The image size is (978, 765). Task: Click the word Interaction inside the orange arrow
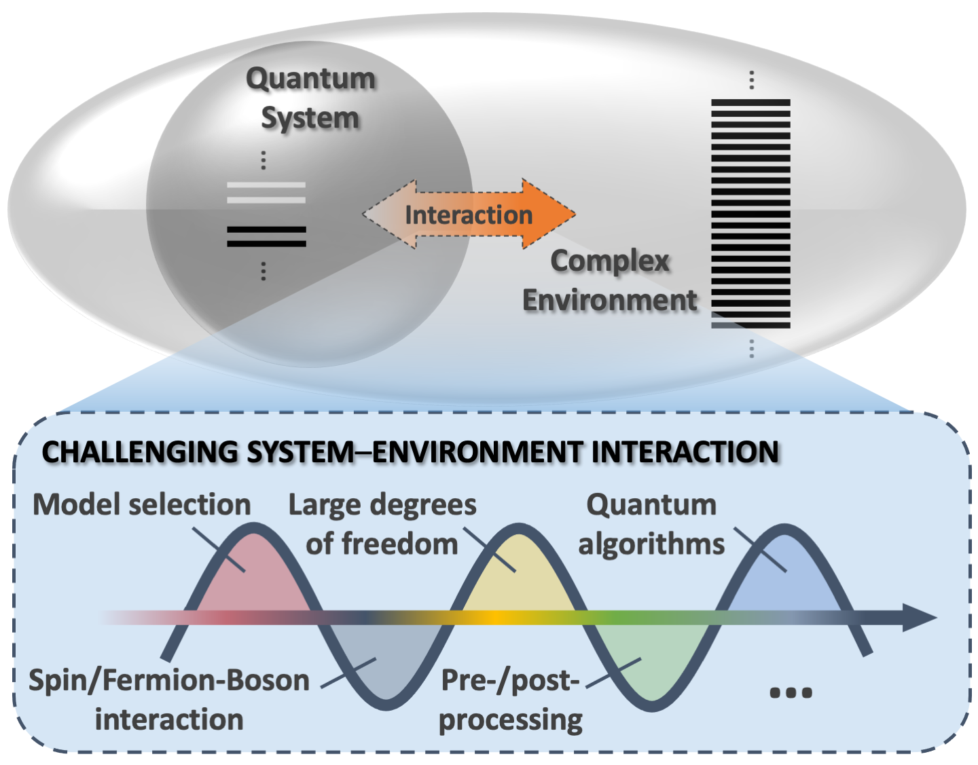[469, 215]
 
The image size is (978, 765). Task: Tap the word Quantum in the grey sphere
[310, 79]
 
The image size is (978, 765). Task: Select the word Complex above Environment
[609, 261]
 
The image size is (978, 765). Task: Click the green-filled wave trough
[652, 662]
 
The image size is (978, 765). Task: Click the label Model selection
[142, 505]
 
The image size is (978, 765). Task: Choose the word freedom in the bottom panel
[399, 544]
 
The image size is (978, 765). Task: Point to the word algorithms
[651, 544]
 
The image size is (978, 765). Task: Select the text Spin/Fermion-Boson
[169, 680]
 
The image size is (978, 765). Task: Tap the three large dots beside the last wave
[791, 693]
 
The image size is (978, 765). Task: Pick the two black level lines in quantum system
[266, 236]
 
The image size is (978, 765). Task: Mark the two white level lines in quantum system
[266, 192]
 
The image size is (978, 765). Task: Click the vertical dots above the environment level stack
[751, 80]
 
